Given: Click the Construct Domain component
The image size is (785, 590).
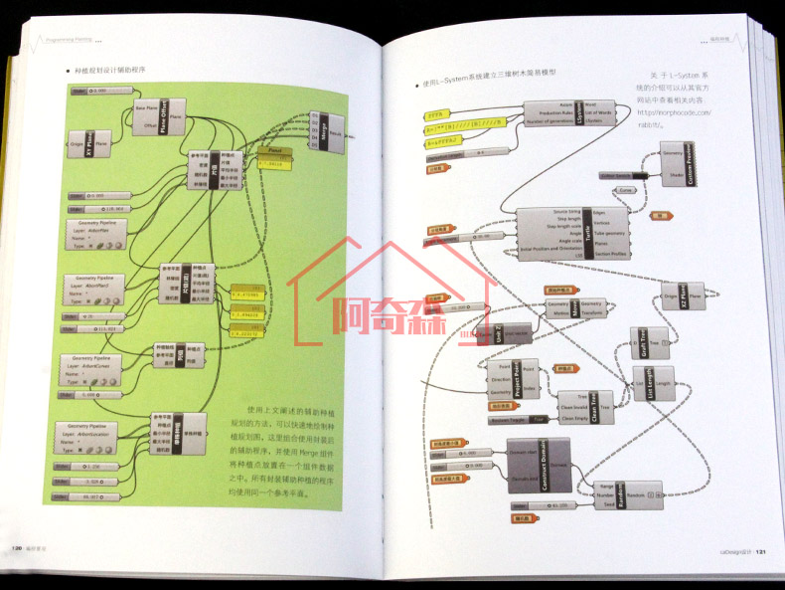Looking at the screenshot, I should tap(539, 466).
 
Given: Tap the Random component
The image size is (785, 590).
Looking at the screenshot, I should tap(631, 493).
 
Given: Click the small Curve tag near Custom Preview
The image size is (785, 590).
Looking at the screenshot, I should tap(626, 189).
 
